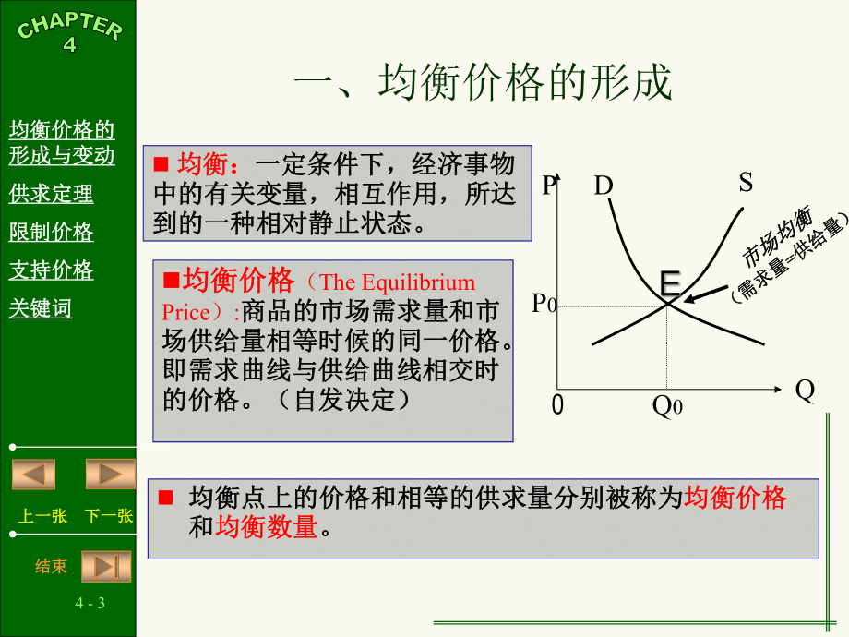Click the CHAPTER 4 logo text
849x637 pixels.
click(x=70, y=31)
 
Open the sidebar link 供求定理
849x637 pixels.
click(x=51, y=193)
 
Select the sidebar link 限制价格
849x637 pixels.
click(x=51, y=232)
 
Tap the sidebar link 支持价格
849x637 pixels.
click(x=51, y=270)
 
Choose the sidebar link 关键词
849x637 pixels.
click(x=40, y=308)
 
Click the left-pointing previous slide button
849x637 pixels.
click(x=33, y=474)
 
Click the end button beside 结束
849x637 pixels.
click(x=107, y=566)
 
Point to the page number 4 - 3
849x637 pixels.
click(x=90, y=603)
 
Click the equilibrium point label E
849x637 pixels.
click(x=670, y=282)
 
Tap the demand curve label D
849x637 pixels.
click(x=604, y=186)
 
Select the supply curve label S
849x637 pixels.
click(x=746, y=182)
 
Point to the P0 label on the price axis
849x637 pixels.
click(x=544, y=304)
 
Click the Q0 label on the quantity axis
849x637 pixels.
click(x=667, y=405)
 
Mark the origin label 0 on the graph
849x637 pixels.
click(x=557, y=404)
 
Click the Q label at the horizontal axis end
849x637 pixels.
click(x=805, y=390)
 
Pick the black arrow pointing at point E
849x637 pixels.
click(x=706, y=294)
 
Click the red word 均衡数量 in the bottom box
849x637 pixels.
click(x=267, y=526)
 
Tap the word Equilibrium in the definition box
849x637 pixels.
click(x=418, y=282)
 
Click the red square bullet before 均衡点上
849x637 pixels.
click(x=166, y=498)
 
